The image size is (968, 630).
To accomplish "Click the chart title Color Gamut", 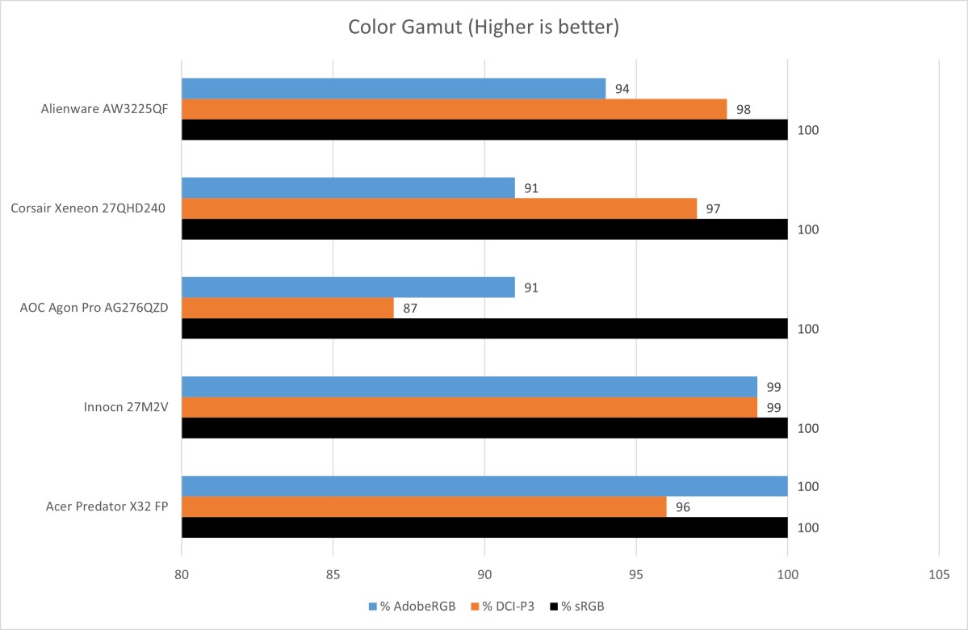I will coord(484,27).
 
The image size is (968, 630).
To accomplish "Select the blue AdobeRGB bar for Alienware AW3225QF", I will coord(393,89).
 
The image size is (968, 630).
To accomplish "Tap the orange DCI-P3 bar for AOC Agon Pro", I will coord(287,308).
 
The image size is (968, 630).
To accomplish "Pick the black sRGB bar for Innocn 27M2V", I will coord(484,427).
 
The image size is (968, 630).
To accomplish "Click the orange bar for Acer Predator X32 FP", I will coord(424,506).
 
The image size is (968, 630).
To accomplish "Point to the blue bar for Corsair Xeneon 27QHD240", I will coord(348,188).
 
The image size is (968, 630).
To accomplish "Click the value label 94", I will coord(622,89).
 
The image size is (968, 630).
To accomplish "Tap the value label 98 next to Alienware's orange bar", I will coord(743,109).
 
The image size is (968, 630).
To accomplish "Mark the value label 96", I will coord(683,506).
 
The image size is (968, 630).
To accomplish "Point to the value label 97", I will coord(713,208).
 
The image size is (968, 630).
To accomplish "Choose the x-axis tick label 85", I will coord(333,574).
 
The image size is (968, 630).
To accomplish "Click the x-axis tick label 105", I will coord(938,574).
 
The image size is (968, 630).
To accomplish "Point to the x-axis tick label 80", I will coord(182,574).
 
